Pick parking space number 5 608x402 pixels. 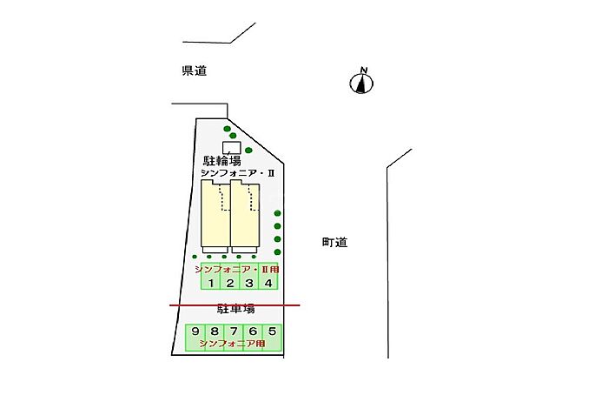click(x=272, y=338)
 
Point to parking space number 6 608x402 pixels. click(x=253, y=338)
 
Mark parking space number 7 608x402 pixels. click(x=234, y=338)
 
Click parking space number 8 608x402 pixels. click(x=214, y=338)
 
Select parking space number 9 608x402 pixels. click(x=195, y=338)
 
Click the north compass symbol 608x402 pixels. click(x=361, y=84)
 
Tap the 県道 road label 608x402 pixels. click(x=195, y=70)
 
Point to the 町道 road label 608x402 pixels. click(x=334, y=243)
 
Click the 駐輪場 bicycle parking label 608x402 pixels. click(x=222, y=160)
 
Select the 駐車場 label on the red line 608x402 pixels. click(x=235, y=309)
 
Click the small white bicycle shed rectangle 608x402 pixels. click(x=232, y=148)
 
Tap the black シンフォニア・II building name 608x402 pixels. click(x=237, y=173)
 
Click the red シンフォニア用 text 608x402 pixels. click(x=232, y=344)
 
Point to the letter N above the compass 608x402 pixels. click(x=364, y=70)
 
